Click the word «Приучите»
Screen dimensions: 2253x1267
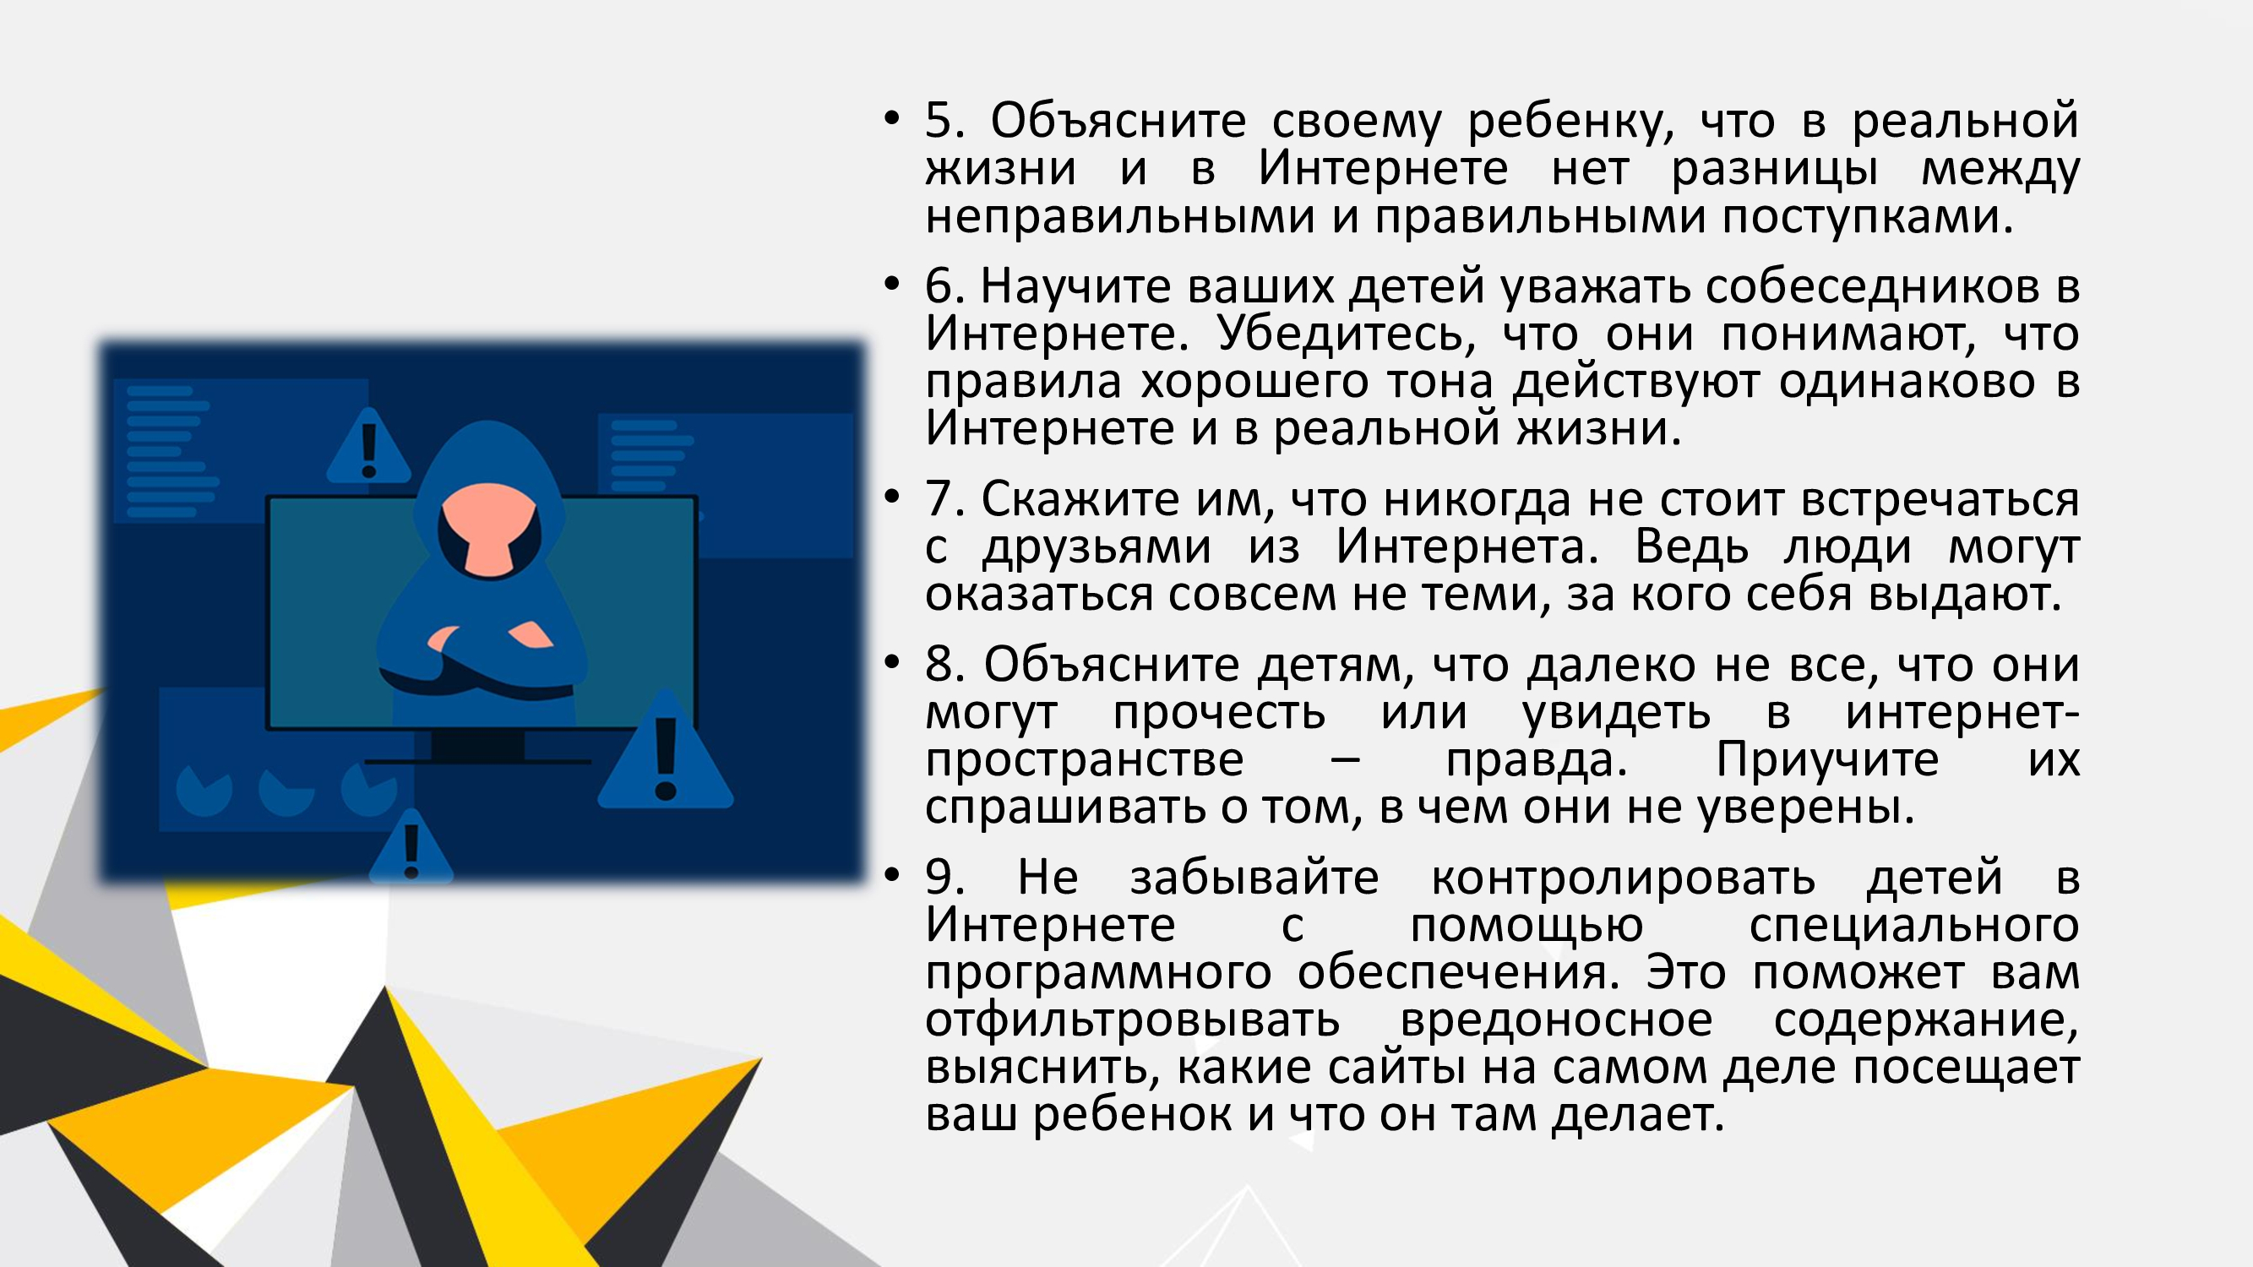coord(1827,759)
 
